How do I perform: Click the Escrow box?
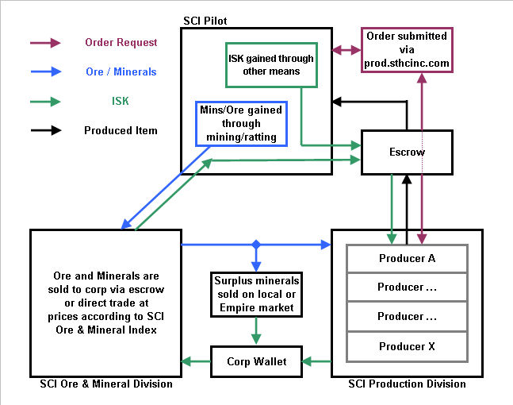407,152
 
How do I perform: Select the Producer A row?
407,258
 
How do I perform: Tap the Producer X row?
407,346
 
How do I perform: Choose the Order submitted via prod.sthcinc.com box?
407,49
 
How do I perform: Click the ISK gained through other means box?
270,64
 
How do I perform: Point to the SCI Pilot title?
207,19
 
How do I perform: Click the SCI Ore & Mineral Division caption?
106,384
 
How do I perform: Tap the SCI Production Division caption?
407,384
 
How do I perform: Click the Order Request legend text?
121,42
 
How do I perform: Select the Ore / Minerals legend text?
121,71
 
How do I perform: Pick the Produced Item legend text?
121,130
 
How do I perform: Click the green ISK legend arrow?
45,101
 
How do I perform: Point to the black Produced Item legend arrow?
45,130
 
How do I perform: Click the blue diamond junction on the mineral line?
255,244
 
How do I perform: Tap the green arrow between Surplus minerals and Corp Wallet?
255,330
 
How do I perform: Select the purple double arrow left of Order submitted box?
346,50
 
